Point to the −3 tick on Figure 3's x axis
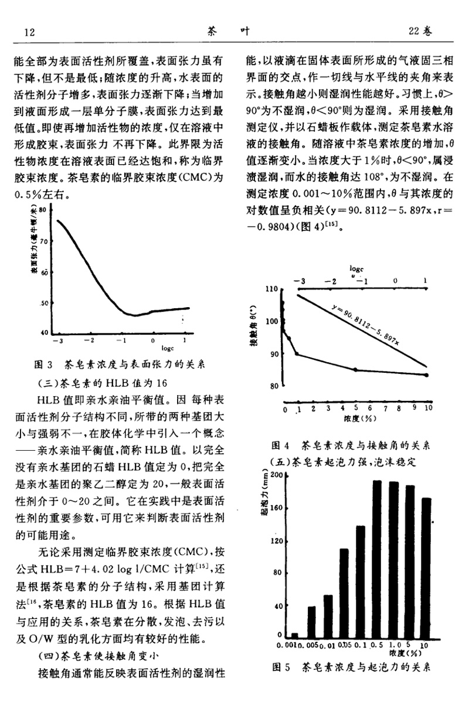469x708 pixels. [x=57, y=340]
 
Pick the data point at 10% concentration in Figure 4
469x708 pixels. [x=426, y=375]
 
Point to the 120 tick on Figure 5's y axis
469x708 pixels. [x=277, y=540]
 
